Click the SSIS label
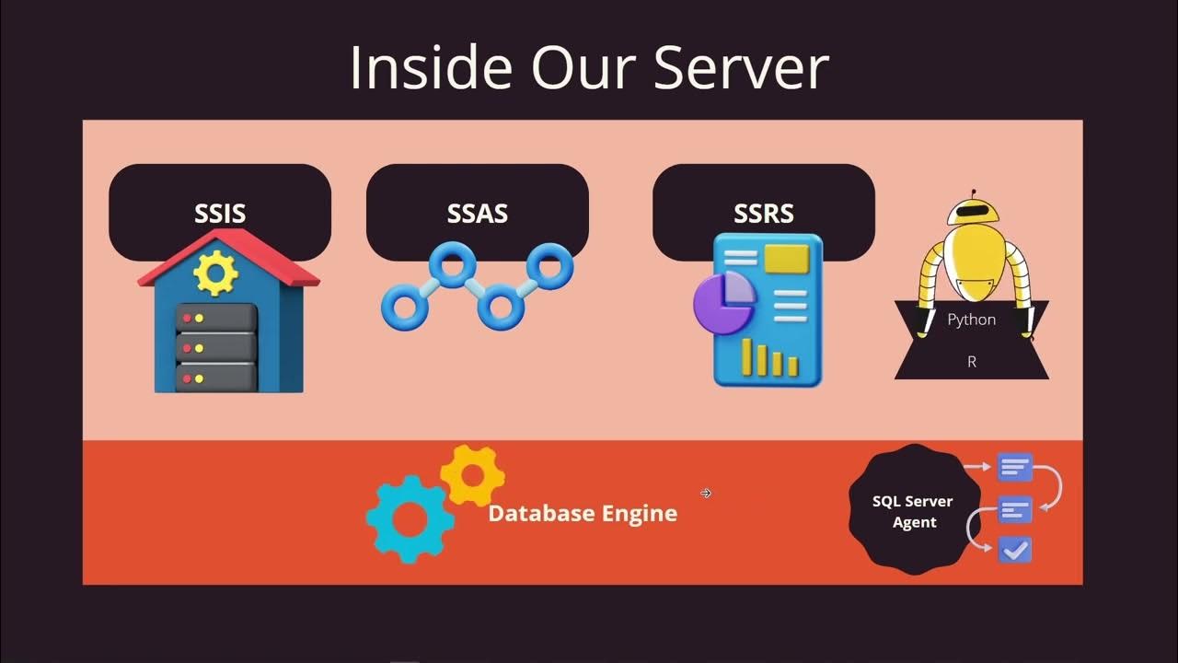click(220, 214)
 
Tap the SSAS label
click(477, 214)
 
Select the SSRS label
click(763, 214)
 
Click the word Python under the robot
click(972, 320)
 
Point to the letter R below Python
click(972, 362)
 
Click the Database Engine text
click(583, 513)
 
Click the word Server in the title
click(741, 66)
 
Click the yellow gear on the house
click(216, 273)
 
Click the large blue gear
click(410, 518)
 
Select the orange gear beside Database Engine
click(472, 475)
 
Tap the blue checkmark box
click(1015, 550)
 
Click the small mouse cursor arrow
click(706, 494)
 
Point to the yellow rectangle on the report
click(786, 258)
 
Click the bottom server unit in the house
click(215, 378)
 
